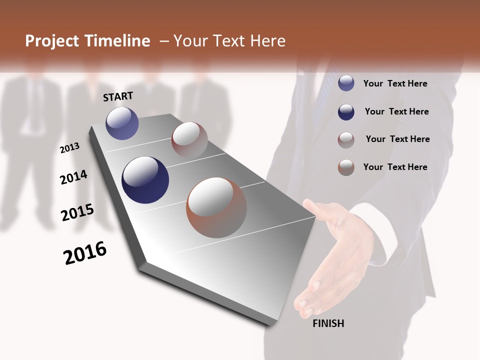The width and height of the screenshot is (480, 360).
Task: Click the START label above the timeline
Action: coord(118,96)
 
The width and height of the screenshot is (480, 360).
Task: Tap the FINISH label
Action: coord(328,323)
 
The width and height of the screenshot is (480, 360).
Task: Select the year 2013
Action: coord(69,148)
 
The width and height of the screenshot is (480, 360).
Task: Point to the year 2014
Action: coord(73,177)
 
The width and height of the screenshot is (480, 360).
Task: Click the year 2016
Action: coord(85,253)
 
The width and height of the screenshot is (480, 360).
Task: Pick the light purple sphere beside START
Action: coord(122,123)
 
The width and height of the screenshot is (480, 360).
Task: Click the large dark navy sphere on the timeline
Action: coord(145,180)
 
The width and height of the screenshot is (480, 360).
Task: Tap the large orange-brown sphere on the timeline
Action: coord(216,207)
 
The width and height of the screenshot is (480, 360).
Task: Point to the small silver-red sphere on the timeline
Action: coord(189,139)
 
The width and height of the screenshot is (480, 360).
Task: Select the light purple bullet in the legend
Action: coord(346,83)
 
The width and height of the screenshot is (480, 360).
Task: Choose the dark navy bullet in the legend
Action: coord(346,112)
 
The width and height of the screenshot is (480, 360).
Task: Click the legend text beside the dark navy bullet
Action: coord(396,111)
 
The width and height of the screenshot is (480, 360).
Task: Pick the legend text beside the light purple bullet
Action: coord(395,83)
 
